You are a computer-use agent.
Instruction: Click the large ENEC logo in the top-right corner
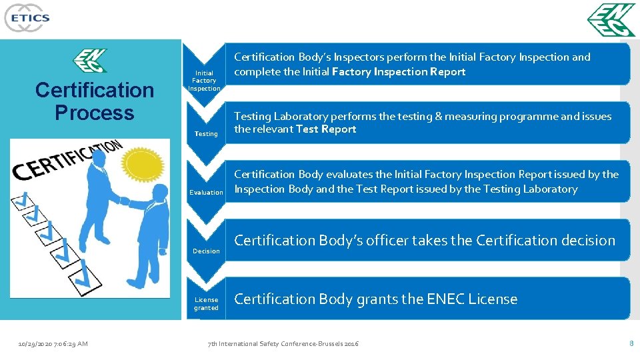point(611,21)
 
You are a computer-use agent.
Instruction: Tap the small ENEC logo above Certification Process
point(89,61)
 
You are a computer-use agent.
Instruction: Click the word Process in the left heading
point(94,113)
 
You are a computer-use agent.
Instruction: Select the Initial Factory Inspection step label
point(204,81)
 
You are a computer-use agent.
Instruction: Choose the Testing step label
point(206,134)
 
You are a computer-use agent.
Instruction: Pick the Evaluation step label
point(206,193)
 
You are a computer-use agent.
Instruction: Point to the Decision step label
point(206,251)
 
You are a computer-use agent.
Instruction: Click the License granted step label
point(206,304)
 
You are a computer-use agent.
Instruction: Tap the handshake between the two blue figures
point(124,201)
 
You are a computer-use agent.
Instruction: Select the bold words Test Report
point(326,129)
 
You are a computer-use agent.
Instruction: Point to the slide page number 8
point(631,343)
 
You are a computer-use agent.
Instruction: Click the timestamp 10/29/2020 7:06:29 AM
point(53,344)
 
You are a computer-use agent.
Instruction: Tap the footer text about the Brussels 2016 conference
point(283,344)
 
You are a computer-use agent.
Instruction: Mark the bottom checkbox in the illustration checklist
point(91,283)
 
